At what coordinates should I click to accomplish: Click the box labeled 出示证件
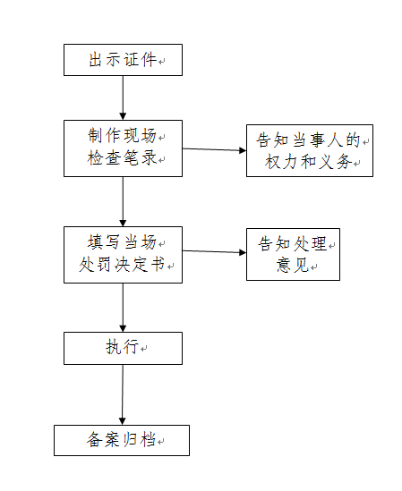pos(123,60)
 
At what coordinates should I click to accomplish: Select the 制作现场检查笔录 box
pos(123,148)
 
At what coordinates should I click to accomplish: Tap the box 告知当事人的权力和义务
pos(310,150)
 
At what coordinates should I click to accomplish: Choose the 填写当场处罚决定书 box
pos(123,255)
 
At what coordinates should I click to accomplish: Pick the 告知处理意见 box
pos(293,254)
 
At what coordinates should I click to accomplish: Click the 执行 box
pos(123,348)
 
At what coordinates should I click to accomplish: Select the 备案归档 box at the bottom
pos(122,440)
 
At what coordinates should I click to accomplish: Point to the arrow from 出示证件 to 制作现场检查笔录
pos(123,97)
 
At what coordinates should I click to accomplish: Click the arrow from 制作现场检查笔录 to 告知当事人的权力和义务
pos(215,149)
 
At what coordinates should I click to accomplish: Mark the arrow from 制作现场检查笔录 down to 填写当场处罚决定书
pos(123,201)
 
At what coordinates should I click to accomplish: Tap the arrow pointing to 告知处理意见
pos(215,251)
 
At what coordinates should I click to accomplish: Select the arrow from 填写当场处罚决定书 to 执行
pos(123,308)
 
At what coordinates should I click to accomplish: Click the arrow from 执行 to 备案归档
pos(123,394)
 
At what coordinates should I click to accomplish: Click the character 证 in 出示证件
pos(132,60)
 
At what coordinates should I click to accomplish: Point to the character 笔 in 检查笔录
pos(131,157)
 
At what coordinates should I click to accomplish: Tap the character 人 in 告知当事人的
pos(336,140)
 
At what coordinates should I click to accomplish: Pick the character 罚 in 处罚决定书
pos(104,265)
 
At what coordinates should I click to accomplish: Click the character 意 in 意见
pos(284,265)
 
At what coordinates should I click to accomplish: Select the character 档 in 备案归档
pos(149,439)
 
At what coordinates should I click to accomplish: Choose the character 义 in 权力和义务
pos(327,162)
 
